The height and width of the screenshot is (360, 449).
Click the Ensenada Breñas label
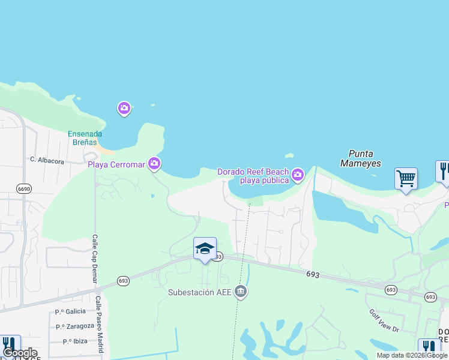[85, 138]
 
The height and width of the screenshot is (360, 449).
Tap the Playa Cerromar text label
[117, 164]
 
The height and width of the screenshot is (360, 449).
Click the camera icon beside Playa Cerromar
[154, 163]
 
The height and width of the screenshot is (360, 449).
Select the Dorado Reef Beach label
[253, 176]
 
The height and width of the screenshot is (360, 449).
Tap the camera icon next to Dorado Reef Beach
[297, 175]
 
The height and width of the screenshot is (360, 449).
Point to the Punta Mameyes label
[360, 158]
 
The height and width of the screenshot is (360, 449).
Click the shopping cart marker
[406, 178]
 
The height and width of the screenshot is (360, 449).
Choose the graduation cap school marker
[205, 248]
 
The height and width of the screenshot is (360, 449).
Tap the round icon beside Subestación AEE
[241, 292]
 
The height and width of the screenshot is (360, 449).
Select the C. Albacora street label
[47, 160]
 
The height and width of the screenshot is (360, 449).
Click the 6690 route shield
[23, 188]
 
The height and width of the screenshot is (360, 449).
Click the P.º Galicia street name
[70, 311]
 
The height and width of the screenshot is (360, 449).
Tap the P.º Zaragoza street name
[75, 326]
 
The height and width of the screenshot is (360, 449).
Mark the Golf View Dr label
[384, 321]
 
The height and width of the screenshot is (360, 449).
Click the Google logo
[19, 353]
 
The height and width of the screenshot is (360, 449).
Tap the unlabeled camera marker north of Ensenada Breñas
[124, 109]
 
